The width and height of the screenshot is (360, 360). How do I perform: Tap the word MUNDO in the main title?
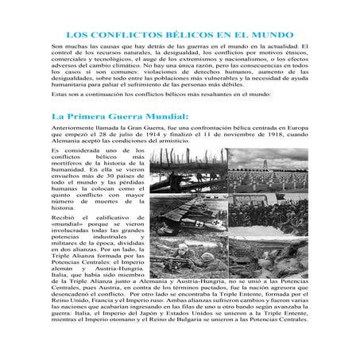click(x=273, y=35)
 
